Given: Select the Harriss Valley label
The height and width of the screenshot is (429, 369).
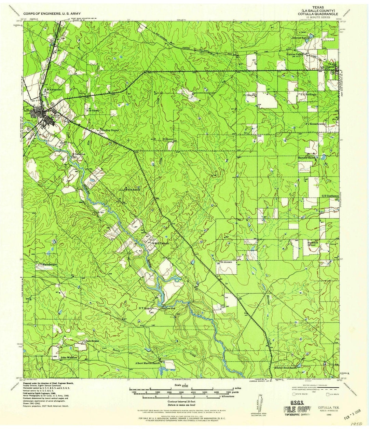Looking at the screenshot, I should point(295,54).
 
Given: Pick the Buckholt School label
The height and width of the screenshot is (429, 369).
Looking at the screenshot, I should point(311,243).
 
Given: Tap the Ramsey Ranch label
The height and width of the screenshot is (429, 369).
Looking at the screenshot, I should point(307,158).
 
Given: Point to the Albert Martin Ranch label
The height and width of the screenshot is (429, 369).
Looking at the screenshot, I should point(147,363).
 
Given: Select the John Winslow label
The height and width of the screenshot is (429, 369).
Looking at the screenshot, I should point(69,358).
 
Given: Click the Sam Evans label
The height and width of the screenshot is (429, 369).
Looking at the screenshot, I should point(92,341).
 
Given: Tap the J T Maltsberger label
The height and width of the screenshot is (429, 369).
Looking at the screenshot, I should point(47,264).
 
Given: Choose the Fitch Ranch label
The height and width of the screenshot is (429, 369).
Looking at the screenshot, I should point(133,189).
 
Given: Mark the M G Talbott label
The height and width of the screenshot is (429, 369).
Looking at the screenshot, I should point(161,244).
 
